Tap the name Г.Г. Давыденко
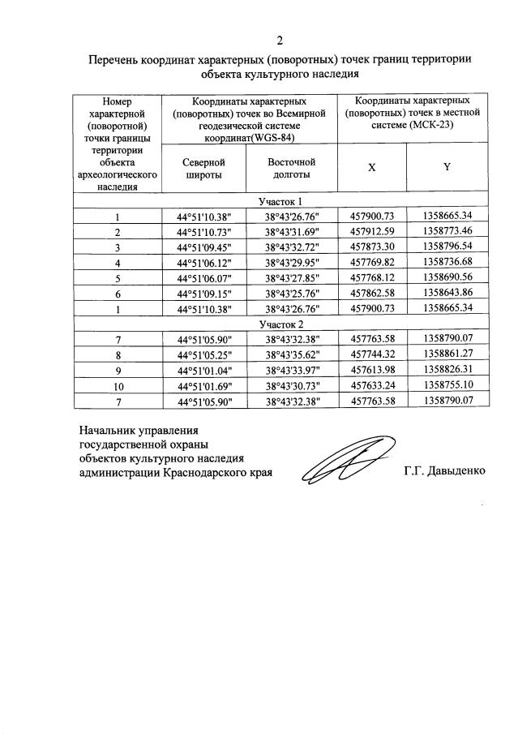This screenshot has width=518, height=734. (444, 471)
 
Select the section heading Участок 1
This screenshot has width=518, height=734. (280, 201)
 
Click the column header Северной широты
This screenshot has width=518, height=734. (203, 168)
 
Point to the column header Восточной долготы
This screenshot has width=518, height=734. (291, 168)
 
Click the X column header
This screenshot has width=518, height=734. (371, 167)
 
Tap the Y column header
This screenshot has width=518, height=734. (446, 167)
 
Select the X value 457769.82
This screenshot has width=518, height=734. (371, 261)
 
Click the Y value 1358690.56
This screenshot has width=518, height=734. (447, 276)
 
